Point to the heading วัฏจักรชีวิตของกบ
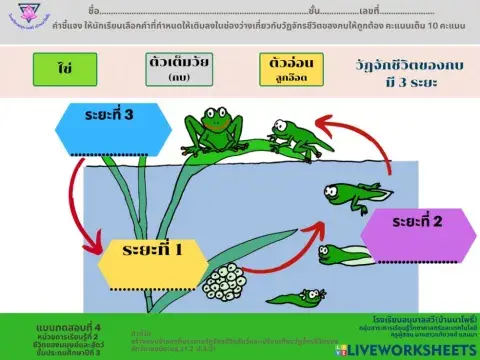[410, 64]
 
